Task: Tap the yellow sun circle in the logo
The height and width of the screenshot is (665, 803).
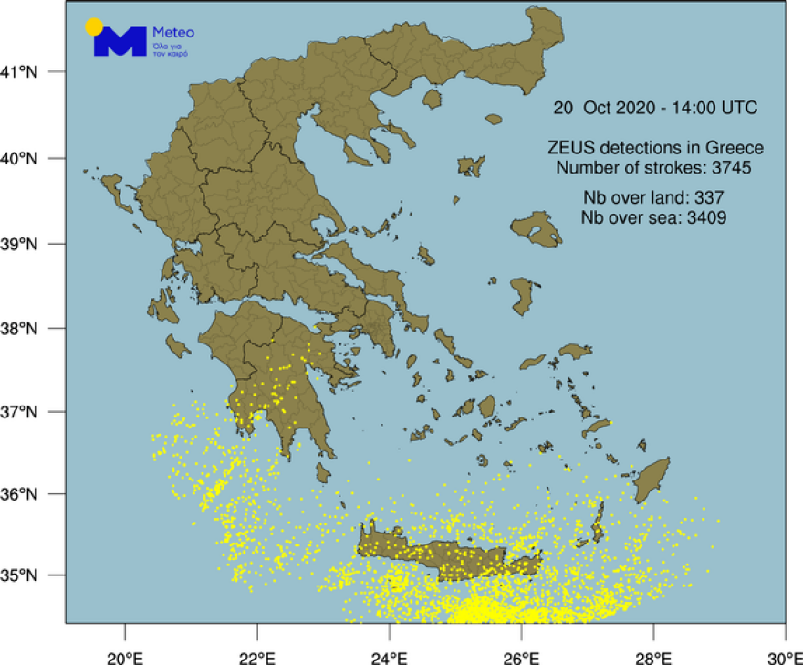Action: (x=94, y=26)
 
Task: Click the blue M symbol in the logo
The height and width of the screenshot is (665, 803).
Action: (x=121, y=41)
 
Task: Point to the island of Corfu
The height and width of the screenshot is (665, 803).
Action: (x=114, y=191)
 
